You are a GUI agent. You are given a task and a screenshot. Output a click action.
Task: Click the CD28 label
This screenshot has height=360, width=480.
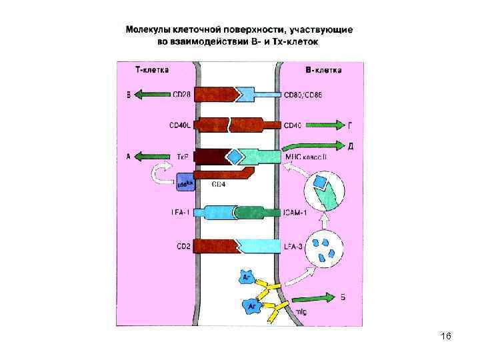click(x=181, y=95)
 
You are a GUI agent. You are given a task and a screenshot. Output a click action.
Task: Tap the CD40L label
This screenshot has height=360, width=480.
click(x=180, y=125)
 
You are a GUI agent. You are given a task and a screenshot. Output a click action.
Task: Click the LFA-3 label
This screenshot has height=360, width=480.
click(x=293, y=246)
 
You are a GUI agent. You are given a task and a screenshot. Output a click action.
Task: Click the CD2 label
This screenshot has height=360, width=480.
click(x=183, y=246)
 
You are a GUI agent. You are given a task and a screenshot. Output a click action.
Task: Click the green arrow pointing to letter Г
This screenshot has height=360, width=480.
click(x=326, y=125)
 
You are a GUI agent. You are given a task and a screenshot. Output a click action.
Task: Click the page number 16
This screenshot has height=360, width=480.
click(x=446, y=336)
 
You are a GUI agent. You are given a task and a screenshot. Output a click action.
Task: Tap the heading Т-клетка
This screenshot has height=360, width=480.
click(x=151, y=69)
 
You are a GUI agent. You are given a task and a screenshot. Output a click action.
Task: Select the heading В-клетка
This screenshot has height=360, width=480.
click(x=323, y=69)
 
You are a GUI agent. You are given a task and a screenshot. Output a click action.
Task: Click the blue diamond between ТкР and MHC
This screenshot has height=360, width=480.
click(x=235, y=157)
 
